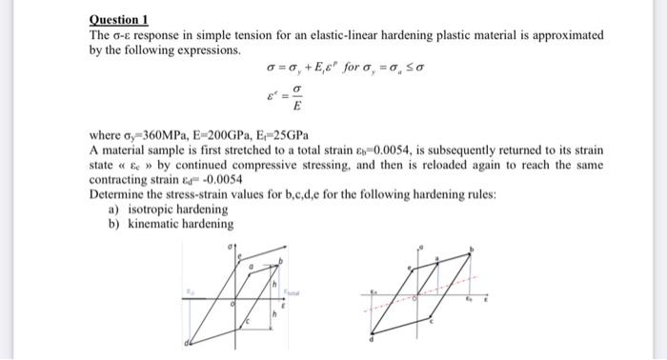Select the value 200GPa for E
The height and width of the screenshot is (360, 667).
203,137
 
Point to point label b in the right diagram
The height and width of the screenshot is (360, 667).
472,250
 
